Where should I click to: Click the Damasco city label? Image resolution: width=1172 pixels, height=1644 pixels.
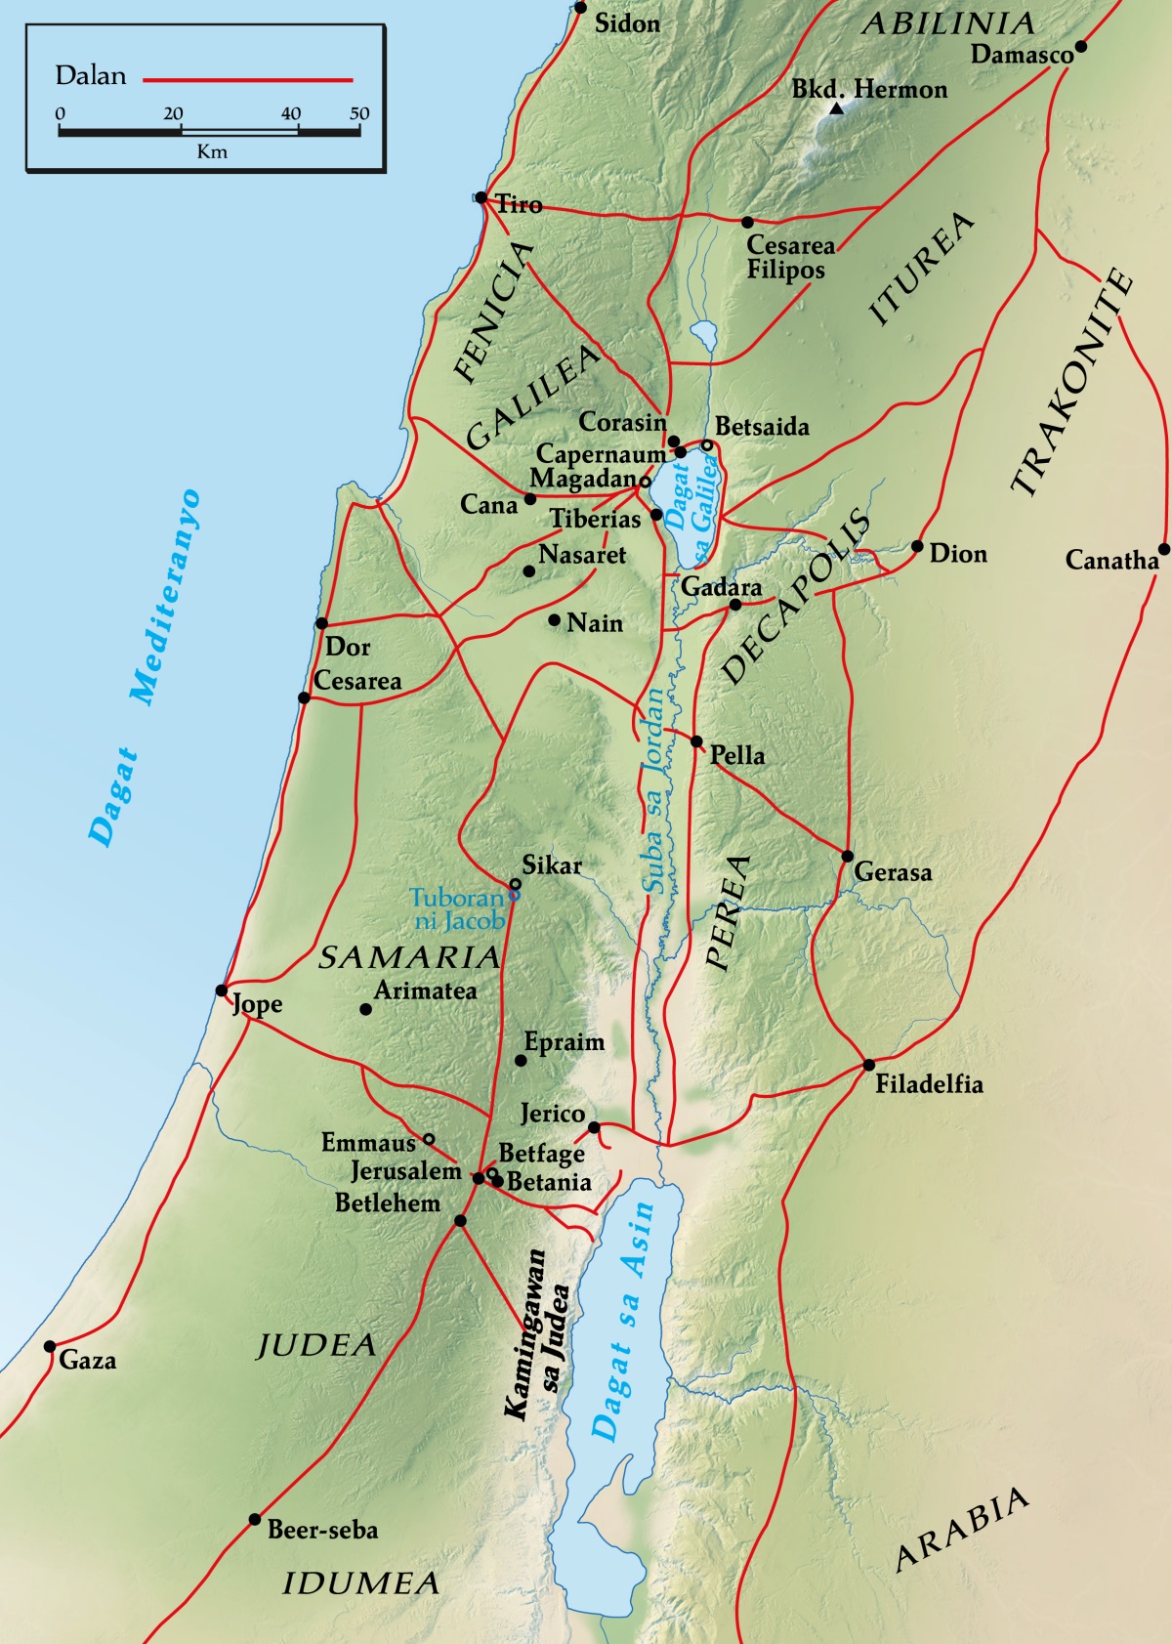1021,55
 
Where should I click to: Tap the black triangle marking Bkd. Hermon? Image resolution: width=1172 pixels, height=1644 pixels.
836,109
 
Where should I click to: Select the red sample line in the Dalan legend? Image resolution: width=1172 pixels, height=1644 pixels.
248,79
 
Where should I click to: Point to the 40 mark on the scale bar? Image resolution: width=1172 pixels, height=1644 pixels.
291,114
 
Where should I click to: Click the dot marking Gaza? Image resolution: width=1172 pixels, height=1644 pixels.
50,1346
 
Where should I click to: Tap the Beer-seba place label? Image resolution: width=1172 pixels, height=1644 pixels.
322,1530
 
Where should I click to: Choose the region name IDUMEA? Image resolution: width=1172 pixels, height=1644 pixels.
361,1583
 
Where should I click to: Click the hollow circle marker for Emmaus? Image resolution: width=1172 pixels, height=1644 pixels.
428,1139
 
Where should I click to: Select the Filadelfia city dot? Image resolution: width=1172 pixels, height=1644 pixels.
868,1064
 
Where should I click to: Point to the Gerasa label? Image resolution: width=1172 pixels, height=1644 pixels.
893,872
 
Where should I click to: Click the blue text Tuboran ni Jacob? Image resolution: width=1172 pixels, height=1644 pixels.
457,909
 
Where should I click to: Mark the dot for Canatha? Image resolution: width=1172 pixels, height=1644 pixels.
1163,549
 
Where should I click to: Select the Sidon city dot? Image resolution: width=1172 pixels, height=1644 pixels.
580,8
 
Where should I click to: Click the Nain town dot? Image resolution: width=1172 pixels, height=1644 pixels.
554,620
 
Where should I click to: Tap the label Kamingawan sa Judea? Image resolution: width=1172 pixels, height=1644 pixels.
536,1334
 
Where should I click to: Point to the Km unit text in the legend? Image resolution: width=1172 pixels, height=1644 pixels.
211,151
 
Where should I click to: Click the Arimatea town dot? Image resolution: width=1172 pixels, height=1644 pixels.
366,1009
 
